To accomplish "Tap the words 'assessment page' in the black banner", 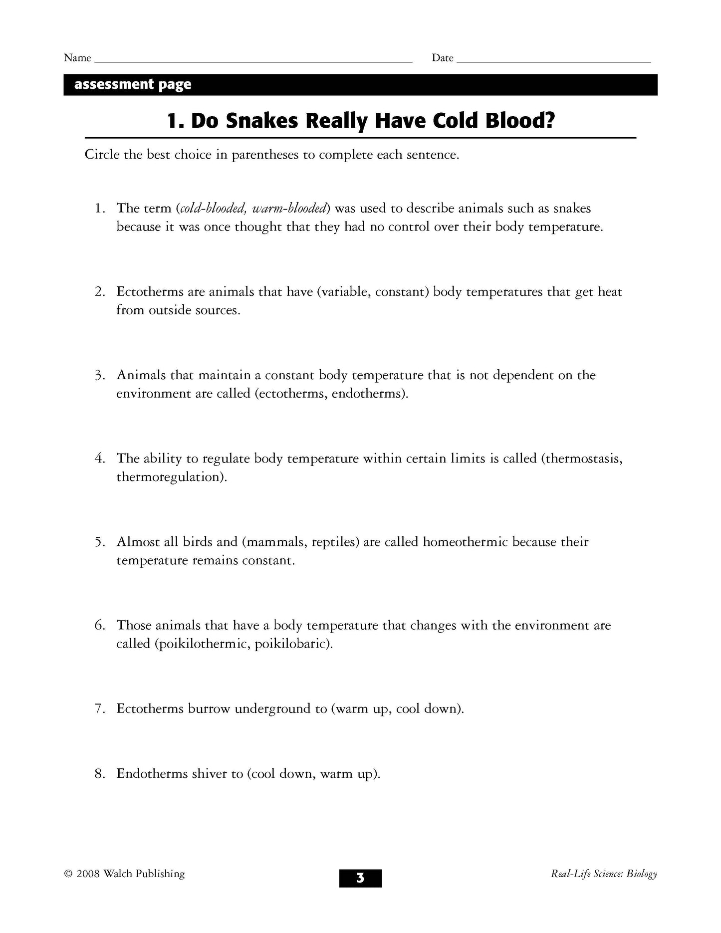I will (x=133, y=85).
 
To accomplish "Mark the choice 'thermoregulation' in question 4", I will (x=169, y=477).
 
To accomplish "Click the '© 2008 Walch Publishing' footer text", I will (x=124, y=874).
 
